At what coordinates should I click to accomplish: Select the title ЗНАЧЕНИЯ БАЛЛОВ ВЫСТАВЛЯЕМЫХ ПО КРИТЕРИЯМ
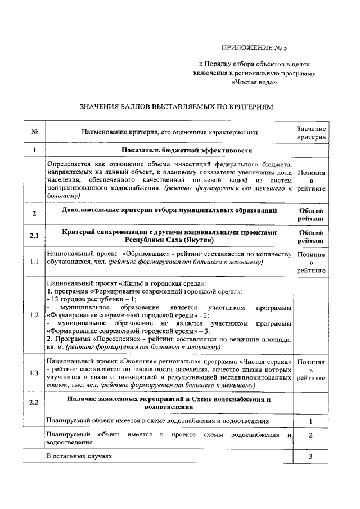tap(176, 106)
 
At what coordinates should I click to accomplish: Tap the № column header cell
tap(34, 133)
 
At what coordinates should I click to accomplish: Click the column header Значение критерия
tap(311, 133)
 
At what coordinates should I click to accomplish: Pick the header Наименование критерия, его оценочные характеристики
tap(170, 133)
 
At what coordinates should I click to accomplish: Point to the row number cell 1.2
tap(34, 314)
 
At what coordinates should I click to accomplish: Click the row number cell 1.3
tap(34, 372)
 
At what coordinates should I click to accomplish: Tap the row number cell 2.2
tap(34, 403)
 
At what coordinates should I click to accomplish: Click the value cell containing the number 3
tap(310, 457)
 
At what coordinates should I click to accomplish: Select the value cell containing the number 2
tap(310, 436)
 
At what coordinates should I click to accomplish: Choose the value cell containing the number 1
tap(310, 421)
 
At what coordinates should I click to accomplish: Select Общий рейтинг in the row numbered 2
tap(311, 214)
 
